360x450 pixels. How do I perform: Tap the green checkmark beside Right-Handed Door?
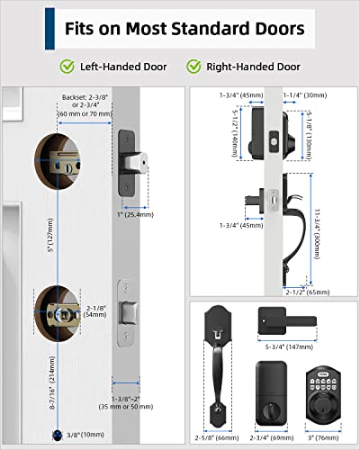pyautogui.click(x=194, y=67)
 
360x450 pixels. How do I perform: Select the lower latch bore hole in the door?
pyautogui.click(x=58, y=314)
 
